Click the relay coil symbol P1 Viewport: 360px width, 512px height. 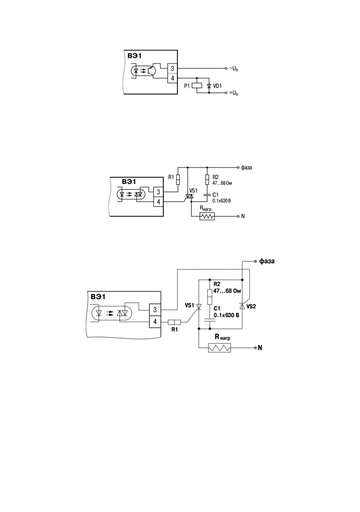(197, 86)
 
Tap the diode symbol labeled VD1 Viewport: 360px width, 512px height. (209, 86)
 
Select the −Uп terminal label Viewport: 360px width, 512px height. (233, 69)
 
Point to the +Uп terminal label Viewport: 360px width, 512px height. (233, 93)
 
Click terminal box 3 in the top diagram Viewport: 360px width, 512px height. (173, 68)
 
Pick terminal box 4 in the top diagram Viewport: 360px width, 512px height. (173, 78)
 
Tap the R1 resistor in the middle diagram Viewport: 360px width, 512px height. (178, 180)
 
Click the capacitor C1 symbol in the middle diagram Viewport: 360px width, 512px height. (207, 195)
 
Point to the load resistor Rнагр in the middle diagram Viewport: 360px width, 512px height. (207, 216)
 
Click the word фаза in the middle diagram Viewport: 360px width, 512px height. (246, 167)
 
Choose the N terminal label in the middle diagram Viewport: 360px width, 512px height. (243, 216)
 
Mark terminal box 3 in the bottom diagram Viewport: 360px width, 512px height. (155, 310)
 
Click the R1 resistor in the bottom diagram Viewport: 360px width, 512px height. (175, 322)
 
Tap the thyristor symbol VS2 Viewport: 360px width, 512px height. (242, 306)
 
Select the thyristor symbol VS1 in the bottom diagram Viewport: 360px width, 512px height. (199, 306)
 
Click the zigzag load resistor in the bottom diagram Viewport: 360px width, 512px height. (219, 348)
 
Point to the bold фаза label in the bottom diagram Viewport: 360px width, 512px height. (267, 261)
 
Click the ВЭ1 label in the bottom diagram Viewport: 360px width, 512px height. (98, 297)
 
